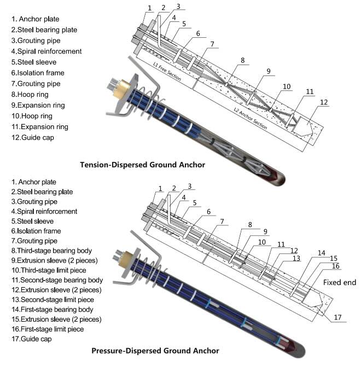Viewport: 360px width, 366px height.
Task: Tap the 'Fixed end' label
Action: click(x=339, y=283)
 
